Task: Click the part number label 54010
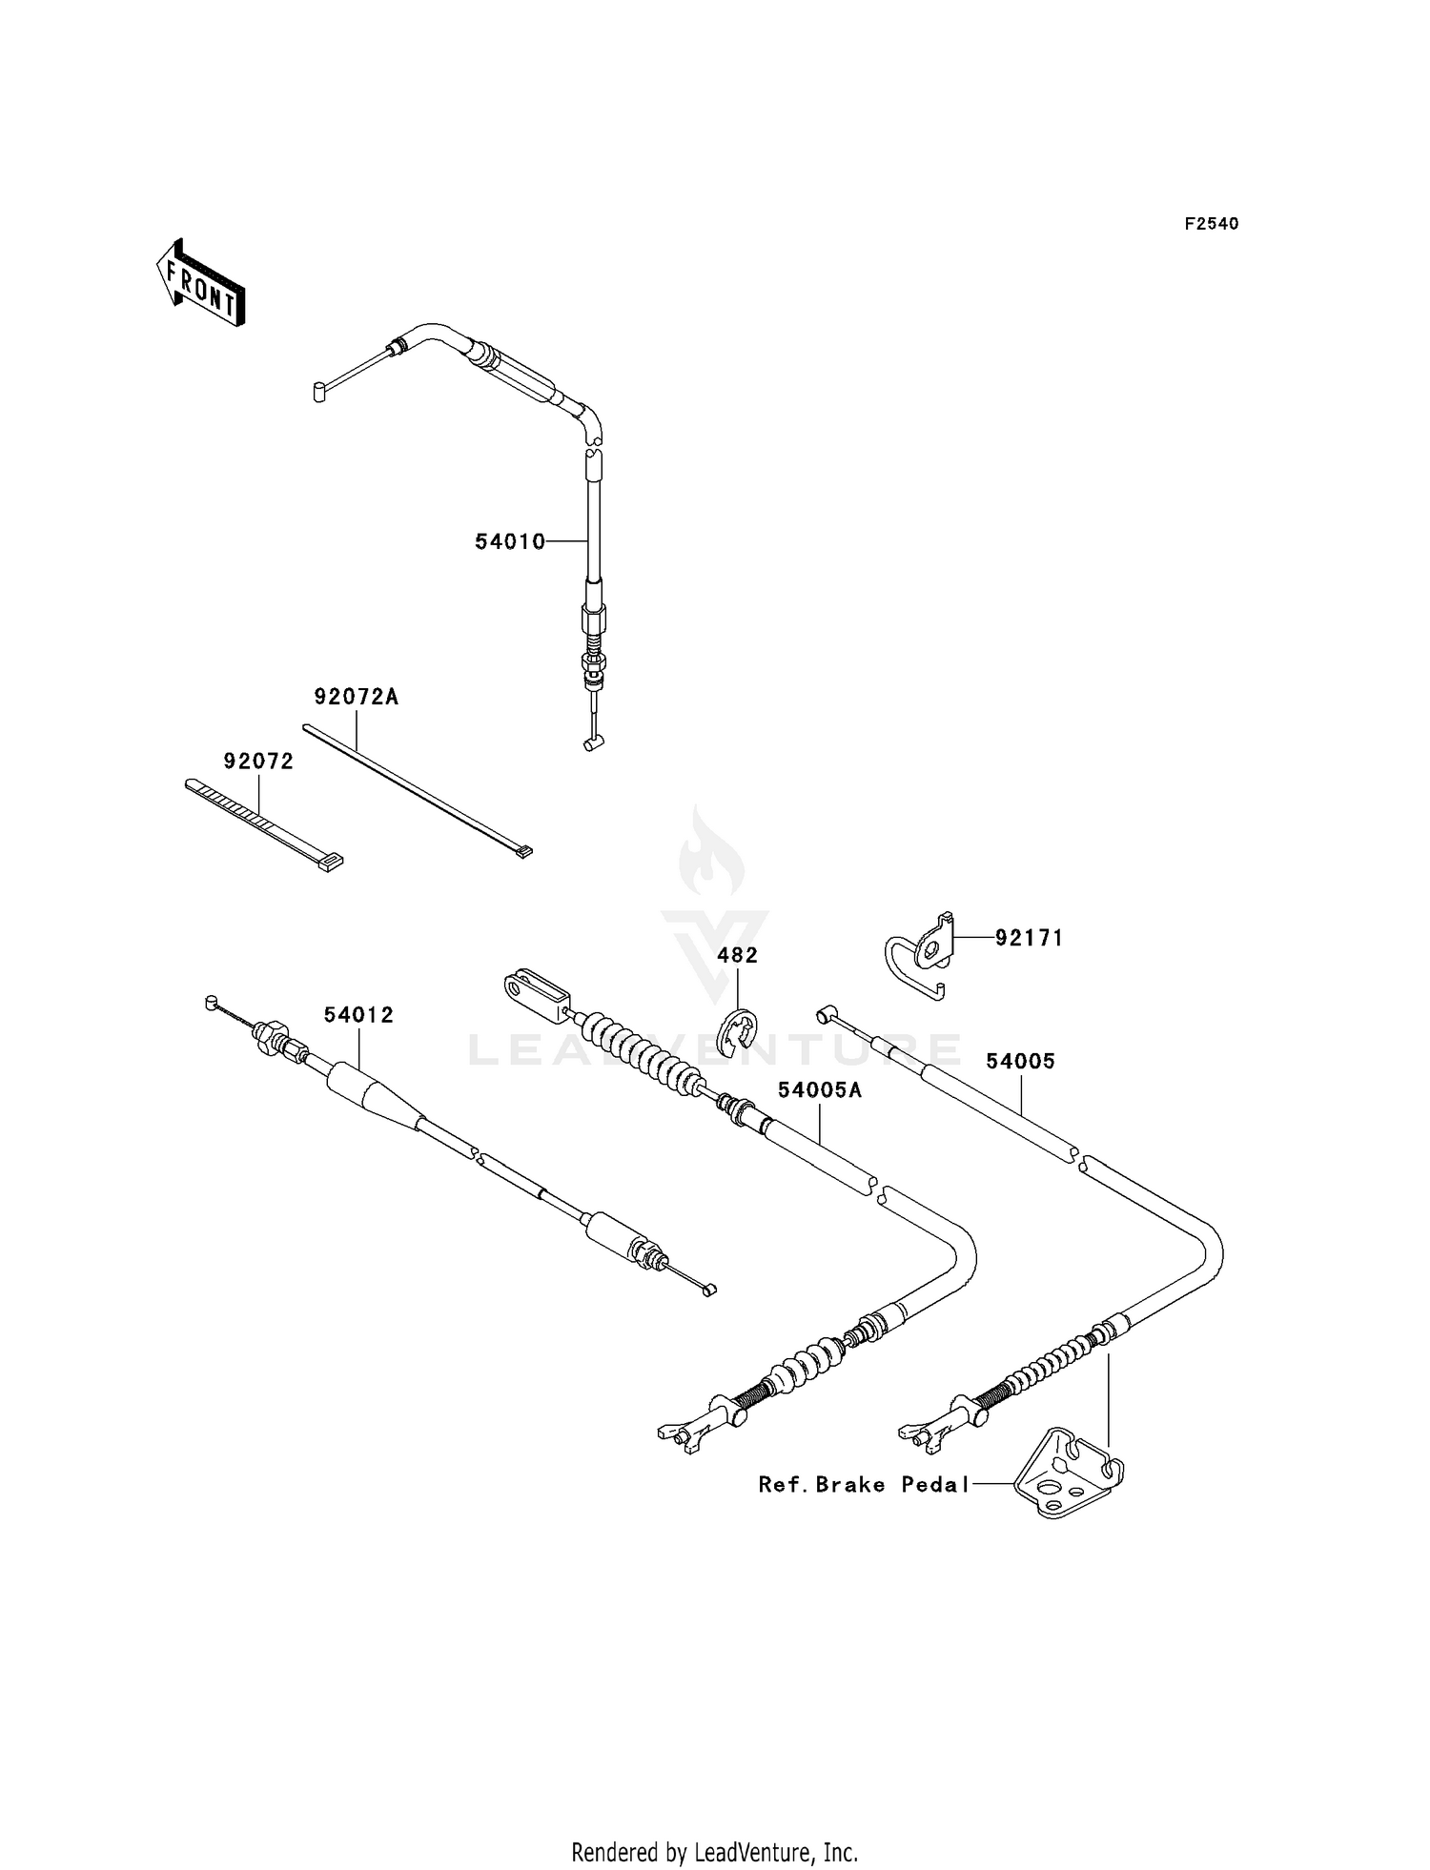click(x=510, y=541)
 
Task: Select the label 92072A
click(x=356, y=698)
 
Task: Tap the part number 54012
click(x=358, y=1015)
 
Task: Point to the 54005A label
click(x=820, y=1089)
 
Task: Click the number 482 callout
click(x=738, y=955)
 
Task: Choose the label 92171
click(x=1029, y=938)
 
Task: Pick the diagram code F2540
click(x=1212, y=224)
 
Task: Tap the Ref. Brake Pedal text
click(x=864, y=1484)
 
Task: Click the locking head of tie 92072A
click(x=522, y=851)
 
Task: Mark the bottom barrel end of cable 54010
click(x=593, y=743)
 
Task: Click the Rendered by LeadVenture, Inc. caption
click(x=714, y=1826)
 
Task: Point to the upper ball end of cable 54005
click(x=824, y=1014)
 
